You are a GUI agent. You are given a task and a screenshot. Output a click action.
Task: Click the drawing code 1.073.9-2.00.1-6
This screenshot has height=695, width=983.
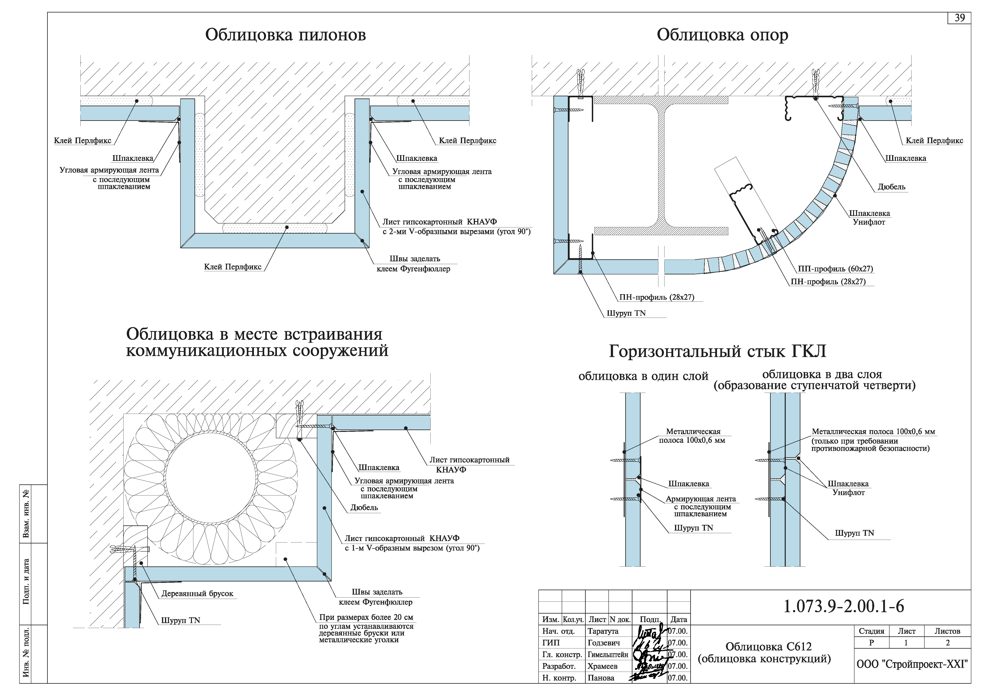[x=843, y=606]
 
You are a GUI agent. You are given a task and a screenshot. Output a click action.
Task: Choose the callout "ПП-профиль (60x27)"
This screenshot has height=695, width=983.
[x=835, y=269]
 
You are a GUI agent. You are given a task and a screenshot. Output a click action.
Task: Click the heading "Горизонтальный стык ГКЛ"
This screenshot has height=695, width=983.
[x=717, y=351]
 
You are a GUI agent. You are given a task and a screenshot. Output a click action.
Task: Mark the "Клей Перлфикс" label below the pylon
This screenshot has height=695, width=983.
[x=233, y=267]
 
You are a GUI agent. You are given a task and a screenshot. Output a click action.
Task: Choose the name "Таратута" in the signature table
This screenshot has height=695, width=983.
[x=603, y=631]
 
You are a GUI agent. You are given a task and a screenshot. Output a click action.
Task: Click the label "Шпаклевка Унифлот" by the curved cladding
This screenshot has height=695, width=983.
[x=869, y=218]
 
